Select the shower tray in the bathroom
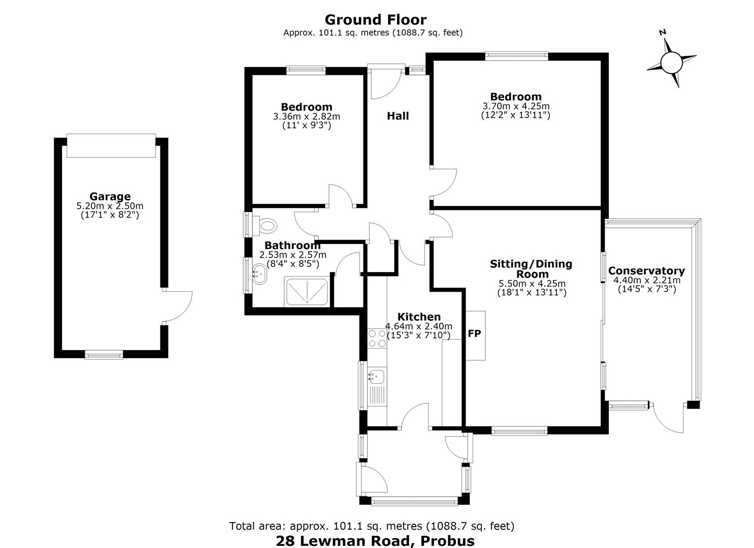307,292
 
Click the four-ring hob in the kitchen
377,338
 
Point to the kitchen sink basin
377,376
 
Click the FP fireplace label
474,333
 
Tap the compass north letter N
663,32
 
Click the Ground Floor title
376,19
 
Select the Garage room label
110,196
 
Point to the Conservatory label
647,270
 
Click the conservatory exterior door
668,418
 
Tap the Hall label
398,116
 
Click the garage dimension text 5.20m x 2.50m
110,205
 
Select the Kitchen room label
419,317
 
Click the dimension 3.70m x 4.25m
516,106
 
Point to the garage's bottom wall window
104,355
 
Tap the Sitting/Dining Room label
531,268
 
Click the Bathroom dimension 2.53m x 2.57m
293,255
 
